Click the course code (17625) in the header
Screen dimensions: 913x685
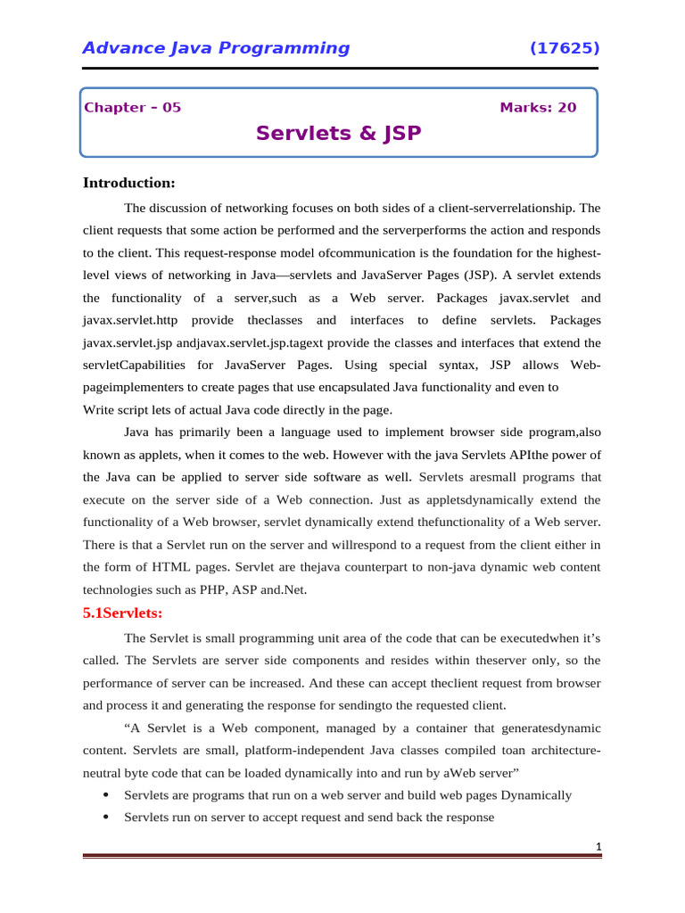[565, 48]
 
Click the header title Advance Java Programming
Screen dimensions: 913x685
[216, 48]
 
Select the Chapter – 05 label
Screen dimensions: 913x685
[132, 108]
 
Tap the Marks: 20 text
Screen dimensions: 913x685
[538, 108]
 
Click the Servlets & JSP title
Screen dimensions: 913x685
[338, 134]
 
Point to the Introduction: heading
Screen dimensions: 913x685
[129, 183]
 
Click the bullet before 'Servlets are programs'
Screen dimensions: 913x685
[107, 794]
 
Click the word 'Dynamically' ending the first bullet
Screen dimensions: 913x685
[537, 794]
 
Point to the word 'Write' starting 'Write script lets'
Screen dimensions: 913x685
[99, 410]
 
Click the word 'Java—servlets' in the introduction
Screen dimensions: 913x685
[300, 276]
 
